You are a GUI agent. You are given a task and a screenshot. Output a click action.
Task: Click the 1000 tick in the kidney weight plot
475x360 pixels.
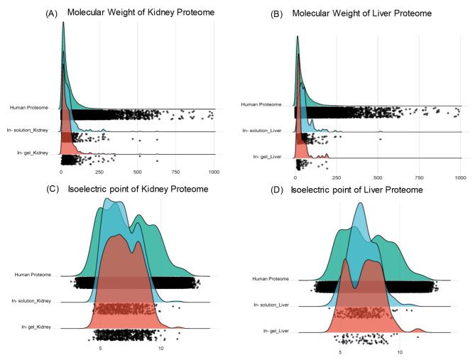(214, 173)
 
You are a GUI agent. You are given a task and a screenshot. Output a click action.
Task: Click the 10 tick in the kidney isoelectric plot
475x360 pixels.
(161, 349)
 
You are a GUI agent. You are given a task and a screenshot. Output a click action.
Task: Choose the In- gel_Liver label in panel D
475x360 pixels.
(272, 331)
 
